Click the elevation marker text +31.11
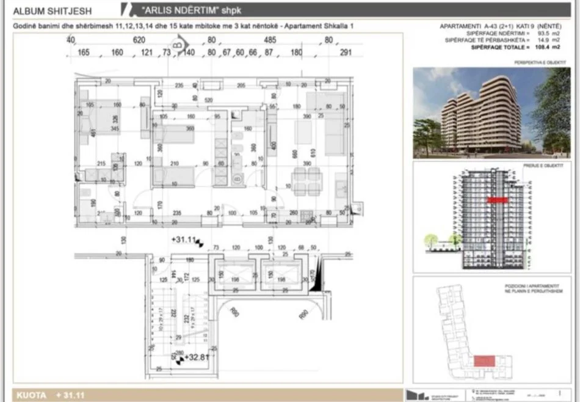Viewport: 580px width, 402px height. coord(183,239)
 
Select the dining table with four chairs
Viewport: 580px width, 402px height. coord(305,180)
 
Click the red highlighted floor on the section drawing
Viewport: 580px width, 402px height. coord(498,199)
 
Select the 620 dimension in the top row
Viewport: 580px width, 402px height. coord(139,40)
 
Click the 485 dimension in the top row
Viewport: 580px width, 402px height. coord(269,40)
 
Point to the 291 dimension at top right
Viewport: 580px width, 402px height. coord(346,53)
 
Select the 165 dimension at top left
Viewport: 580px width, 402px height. coord(84,53)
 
